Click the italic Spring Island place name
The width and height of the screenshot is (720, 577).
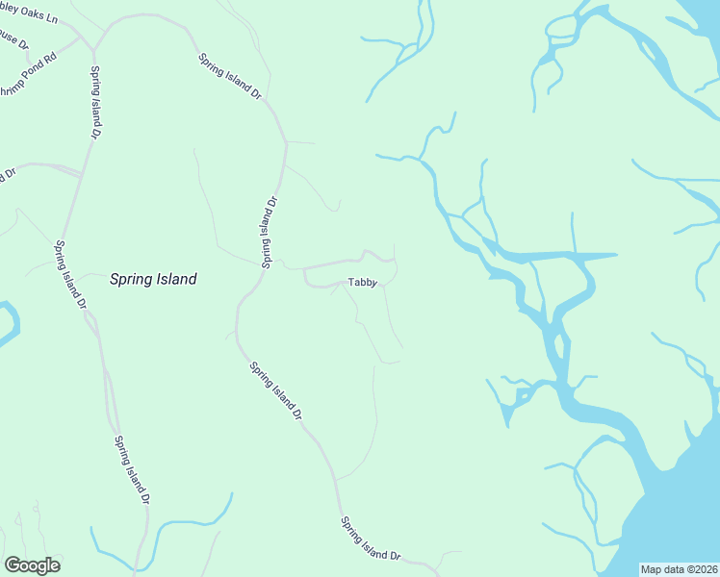tap(153, 280)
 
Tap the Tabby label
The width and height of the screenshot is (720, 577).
tap(361, 283)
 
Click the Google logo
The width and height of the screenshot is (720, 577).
tap(32, 565)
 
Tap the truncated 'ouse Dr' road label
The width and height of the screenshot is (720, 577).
tap(13, 42)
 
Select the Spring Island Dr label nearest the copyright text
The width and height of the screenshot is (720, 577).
tap(370, 539)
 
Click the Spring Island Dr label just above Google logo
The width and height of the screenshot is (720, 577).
tap(131, 470)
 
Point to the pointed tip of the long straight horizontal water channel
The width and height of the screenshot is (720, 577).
tap(615, 255)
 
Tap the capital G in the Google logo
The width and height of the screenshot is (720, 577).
tap(12, 564)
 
